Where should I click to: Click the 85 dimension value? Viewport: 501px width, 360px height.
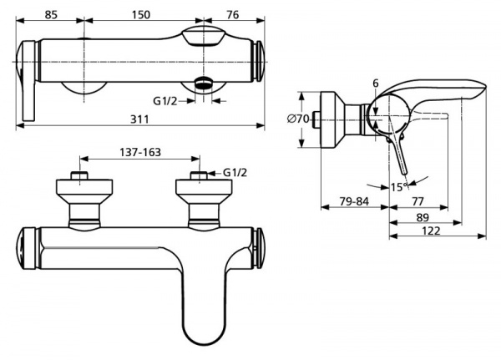pyautogui.click(x=51, y=15)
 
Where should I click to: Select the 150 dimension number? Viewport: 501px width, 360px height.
pyautogui.click(x=141, y=15)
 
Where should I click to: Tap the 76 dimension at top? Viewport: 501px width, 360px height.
pyautogui.click(x=233, y=15)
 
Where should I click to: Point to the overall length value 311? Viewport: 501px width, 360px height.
pyautogui.click(x=139, y=119)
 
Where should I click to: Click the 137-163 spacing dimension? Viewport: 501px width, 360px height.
pyautogui.click(x=140, y=152)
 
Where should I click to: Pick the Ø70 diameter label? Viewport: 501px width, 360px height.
pyautogui.click(x=298, y=119)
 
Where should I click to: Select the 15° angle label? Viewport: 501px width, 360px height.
pyautogui.click(x=399, y=187)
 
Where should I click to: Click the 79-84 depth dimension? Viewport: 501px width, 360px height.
pyautogui.click(x=354, y=201)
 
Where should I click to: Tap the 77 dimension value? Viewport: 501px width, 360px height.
pyautogui.click(x=418, y=201)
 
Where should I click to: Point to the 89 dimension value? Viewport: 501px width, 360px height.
pyautogui.click(x=423, y=217)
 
